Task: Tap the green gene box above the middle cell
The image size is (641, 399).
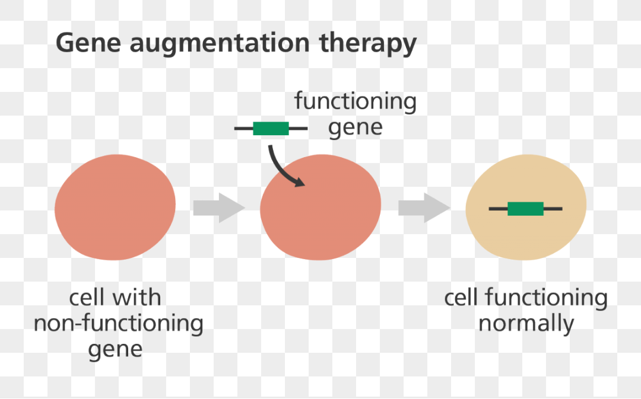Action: coord(271,128)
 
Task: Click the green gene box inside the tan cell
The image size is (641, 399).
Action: coord(525,209)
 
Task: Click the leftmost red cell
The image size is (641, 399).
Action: coord(115,208)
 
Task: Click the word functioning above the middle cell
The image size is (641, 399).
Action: coord(356,102)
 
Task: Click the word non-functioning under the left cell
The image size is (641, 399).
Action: coord(118,324)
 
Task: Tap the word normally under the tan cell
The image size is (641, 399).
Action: coord(526,324)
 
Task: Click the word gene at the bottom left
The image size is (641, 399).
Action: coord(115,350)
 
